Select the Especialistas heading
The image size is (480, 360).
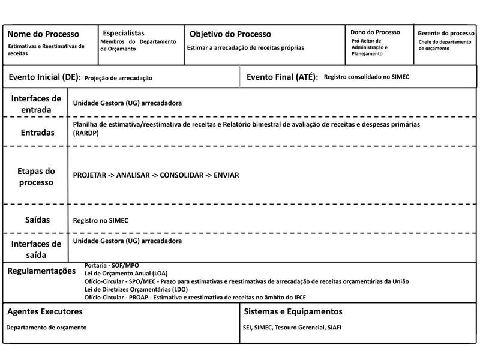coord(124,33)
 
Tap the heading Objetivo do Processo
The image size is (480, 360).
coord(230,34)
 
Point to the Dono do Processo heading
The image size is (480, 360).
coord(375,32)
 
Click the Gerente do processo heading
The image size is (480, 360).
coord(446,33)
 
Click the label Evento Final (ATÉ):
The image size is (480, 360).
coord(282,77)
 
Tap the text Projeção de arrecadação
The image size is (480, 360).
coord(118,78)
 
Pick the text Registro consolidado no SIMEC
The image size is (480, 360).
coord(366,77)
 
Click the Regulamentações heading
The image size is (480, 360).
coord(46,271)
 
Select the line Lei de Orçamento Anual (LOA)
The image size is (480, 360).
coord(126,273)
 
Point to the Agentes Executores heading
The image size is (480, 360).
coord(44,312)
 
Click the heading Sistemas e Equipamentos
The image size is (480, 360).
coord(293,312)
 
